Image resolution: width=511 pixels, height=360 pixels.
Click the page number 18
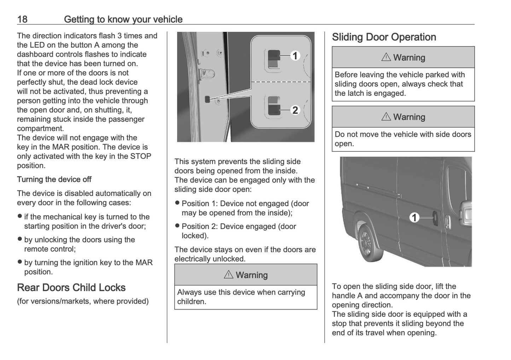[x=22, y=19]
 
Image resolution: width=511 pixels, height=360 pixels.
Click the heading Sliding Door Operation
[x=384, y=37]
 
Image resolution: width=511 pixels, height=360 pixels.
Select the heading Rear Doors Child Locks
[x=71, y=288]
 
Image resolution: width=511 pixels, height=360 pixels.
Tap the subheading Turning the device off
[x=54, y=179]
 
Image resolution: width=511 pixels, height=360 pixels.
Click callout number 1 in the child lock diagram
[x=295, y=56]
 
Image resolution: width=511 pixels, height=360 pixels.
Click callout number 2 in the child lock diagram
[x=295, y=110]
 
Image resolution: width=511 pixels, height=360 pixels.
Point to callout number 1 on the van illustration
[x=414, y=217]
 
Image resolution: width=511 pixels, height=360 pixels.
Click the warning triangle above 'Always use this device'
[x=228, y=275]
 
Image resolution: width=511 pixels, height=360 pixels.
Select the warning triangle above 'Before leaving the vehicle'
[x=386, y=57]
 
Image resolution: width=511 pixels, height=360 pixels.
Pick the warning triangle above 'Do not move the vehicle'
[x=386, y=117]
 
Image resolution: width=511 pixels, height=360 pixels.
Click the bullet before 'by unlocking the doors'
[x=20, y=239]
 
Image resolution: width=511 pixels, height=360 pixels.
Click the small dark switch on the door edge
[x=207, y=99]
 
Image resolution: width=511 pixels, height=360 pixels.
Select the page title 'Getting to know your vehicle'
[x=123, y=19]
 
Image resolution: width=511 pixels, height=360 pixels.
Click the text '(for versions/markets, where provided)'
[x=83, y=301]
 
